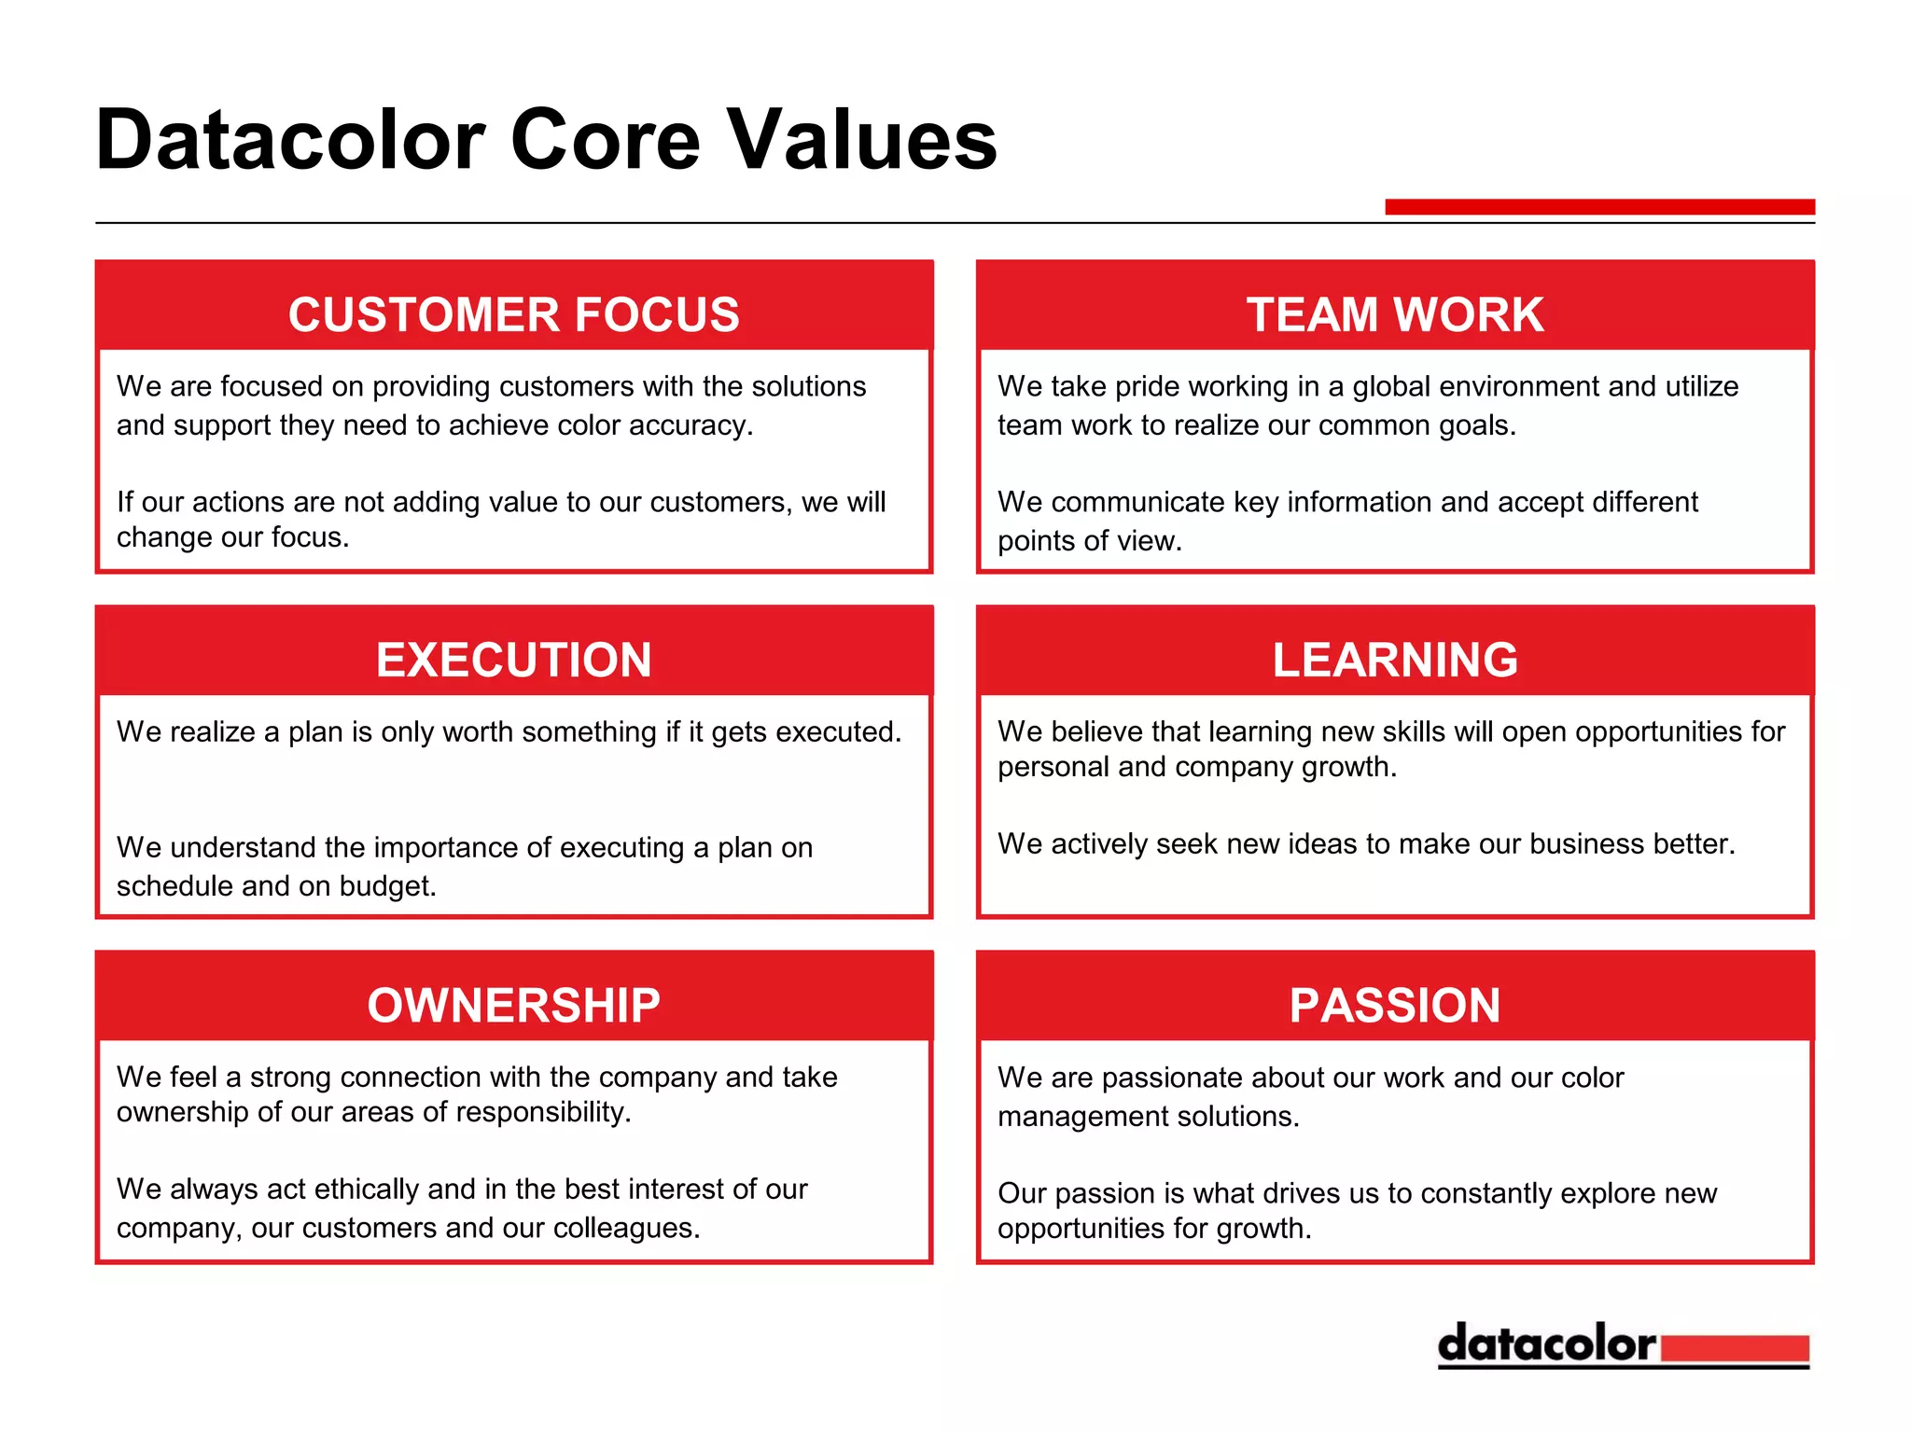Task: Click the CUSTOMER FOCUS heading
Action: pos(513,314)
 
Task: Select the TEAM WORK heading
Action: pos(1394,314)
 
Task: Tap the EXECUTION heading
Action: pos(513,660)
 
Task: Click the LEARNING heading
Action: pos(1394,660)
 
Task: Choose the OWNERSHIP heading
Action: pos(513,1005)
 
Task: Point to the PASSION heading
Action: pos(1394,1005)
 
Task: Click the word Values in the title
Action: pos(862,140)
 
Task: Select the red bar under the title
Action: pos(1599,206)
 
